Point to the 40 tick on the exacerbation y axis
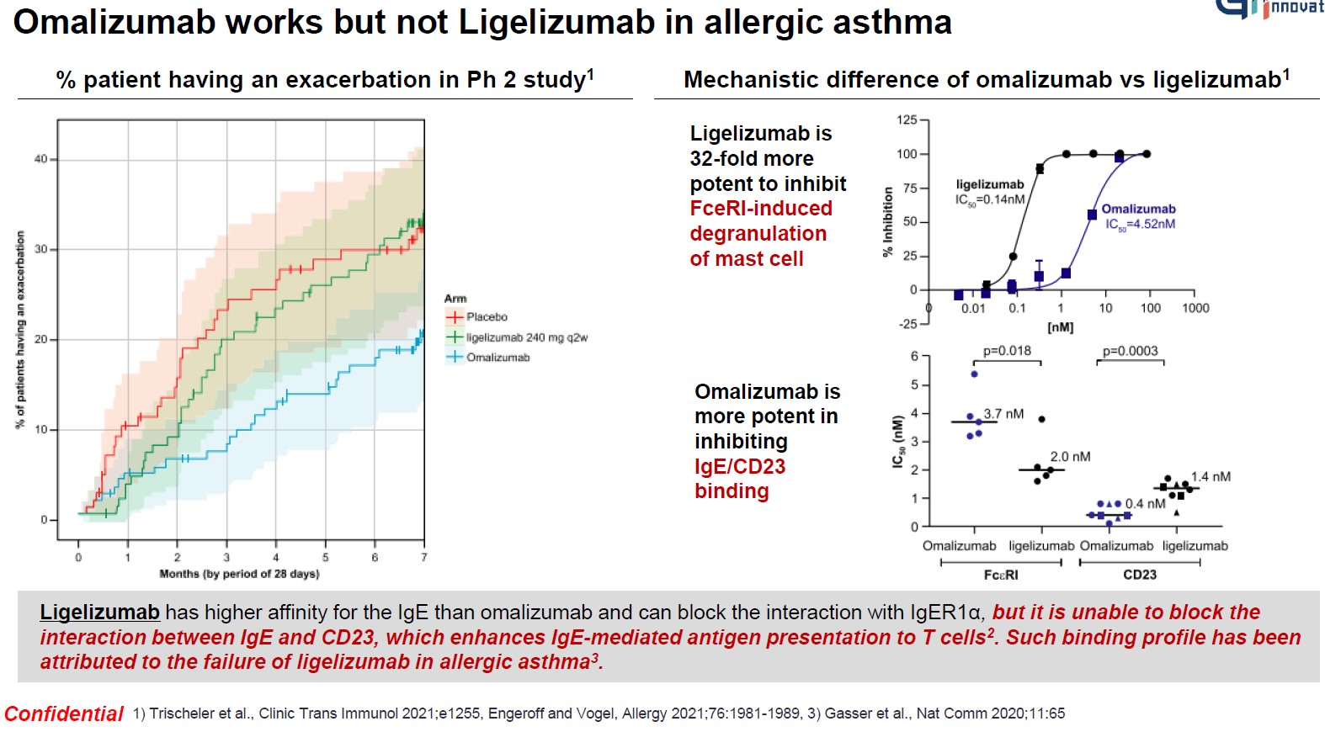[x=41, y=159]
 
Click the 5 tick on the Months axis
[x=326, y=557]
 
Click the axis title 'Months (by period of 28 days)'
[x=239, y=574]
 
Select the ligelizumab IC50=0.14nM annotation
[x=990, y=192]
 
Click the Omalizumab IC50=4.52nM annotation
[x=1139, y=216]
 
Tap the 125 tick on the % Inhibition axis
[x=907, y=120]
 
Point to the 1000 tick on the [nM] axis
[x=1195, y=308]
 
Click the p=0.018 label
[x=1007, y=351]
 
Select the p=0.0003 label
[x=1130, y=351]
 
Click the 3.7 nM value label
[x=1003, y=414]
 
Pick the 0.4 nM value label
[x=1145, y=504]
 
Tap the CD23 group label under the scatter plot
[x=1140, y=575]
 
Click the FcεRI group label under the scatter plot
[x=1001, y=575]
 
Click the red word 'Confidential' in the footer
[x=64, y=714]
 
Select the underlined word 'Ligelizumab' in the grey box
[x=99, y=613]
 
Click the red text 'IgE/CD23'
[x=740, y=466]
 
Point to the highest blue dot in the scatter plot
[x=974, y=374]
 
